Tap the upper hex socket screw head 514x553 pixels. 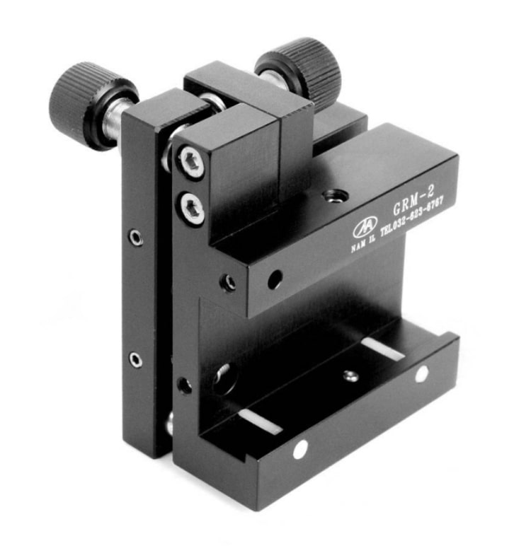point(190,163)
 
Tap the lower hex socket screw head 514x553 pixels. point(192,209)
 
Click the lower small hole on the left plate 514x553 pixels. point(135,361)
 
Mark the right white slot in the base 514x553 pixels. point(383,349)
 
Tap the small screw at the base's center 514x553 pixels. point(349,376)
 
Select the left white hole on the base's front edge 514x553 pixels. point(300,448)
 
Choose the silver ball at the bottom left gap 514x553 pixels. point(169,425)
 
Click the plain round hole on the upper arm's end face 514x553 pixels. point(274,280)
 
